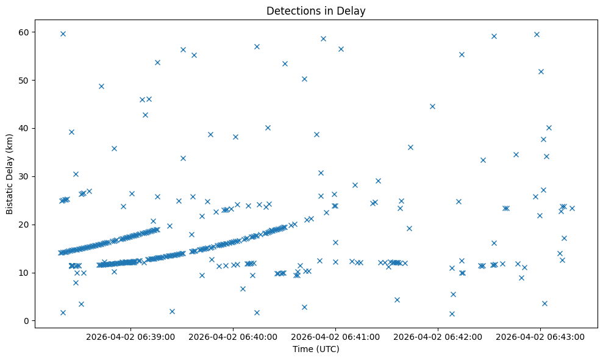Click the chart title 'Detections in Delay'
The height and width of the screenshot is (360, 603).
click(316, 10)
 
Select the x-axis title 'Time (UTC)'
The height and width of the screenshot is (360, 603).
click(316, 350)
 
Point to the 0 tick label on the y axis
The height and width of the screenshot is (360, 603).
click(27, 321)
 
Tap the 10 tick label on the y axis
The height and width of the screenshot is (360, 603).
click(25, 273)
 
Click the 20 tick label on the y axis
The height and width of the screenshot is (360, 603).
click(25, 225)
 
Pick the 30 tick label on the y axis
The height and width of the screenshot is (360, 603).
click(25, 176)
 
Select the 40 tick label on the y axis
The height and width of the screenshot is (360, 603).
click(25, 128)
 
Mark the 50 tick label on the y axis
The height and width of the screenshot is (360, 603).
click(25, 80)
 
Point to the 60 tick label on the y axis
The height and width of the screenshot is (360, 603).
click(25, 32)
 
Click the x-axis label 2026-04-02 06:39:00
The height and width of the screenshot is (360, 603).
click(130, 336)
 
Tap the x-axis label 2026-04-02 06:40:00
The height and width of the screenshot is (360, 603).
click(233, 336)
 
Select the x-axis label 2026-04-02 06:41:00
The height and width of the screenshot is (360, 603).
click(335, 336)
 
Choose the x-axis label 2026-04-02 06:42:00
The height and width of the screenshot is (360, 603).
click(438, 336)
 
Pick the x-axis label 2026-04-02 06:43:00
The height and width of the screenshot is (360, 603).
click(540, 336)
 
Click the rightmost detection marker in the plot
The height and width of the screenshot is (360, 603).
click(572, 208)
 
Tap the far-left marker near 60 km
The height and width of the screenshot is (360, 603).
click(63, 34)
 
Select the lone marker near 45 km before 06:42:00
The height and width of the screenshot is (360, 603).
click(432, 106)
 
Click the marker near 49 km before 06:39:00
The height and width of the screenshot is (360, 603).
click(101, 86)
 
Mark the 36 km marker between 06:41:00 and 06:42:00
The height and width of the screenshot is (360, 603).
click(410, 147)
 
